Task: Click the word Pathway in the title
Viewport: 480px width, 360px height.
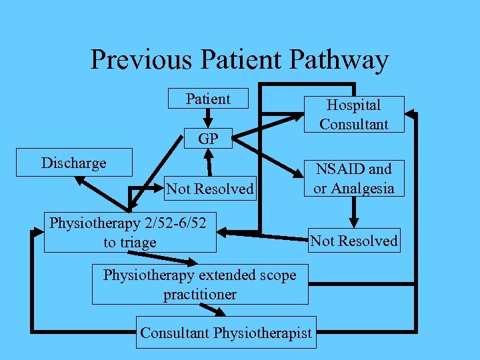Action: [x=339, y=60]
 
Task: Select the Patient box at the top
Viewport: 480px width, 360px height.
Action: [x=208, y=99]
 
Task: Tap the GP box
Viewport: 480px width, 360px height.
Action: [x=208, y=139]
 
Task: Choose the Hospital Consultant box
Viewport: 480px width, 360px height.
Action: [x=353, y=114]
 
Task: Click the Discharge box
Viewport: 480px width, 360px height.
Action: [x=74, y=163]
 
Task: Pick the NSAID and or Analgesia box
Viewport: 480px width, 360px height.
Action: [x=353, y=179]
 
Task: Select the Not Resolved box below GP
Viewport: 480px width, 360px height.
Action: [x=210, y=189]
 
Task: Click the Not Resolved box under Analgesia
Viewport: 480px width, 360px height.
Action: [x=354, y=241]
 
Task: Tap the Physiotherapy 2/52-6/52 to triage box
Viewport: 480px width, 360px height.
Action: [x=130, y=233]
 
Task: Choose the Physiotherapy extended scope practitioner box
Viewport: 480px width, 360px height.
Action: [x=200, y=284]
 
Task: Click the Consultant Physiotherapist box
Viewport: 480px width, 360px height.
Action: [x=226, y=333]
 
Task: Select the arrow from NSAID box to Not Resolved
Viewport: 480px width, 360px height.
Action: [x=353, y=213]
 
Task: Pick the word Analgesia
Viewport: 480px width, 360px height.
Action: [x=363, y=189]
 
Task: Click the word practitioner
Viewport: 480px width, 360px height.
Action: [x=200, y=294]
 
